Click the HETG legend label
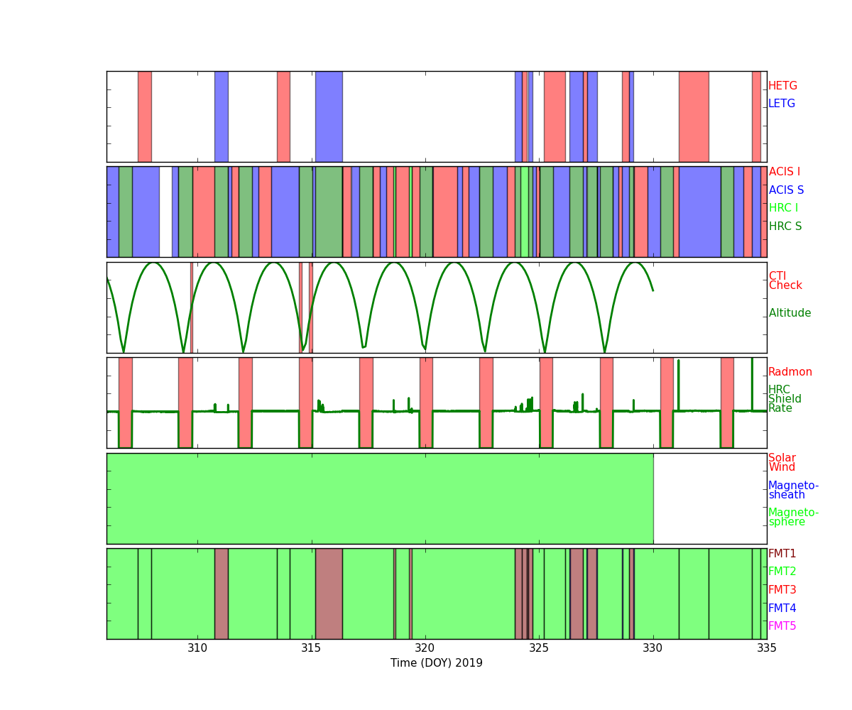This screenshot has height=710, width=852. click(x=782, y=86)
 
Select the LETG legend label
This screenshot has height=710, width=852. click(x=781, y=104)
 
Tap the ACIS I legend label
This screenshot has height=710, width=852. click(x=784, y=172)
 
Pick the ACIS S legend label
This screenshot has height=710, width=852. click(x=785, y=190)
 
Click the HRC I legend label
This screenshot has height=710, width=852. click(x=783, y=208)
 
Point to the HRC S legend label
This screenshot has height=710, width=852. click(x=785, y=226)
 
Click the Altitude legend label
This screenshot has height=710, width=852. click(x=790, y=313)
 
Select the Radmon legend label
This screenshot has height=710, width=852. click(x=790, y=372)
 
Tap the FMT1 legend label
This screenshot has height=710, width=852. click(x=782, y=554)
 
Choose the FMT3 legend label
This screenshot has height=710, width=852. click(x=782, y=590)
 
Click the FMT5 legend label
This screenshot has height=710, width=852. click(x=782, y=626)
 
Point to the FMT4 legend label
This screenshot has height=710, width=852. click(x=782, y=608)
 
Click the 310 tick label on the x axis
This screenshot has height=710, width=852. click(x=197, y=648)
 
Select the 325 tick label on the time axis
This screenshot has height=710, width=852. click(x=539, y=648)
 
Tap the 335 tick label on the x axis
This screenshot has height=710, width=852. click(x=766, y=648)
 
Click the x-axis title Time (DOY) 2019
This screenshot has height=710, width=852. click(x=436, y=663)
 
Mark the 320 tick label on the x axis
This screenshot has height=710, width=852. click(x=425, y=648)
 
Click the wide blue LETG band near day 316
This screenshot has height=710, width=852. click(x=329, y=116)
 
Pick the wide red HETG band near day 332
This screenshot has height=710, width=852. click(x=694, y=116)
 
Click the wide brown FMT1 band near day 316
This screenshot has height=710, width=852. click(x=329, y=594)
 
